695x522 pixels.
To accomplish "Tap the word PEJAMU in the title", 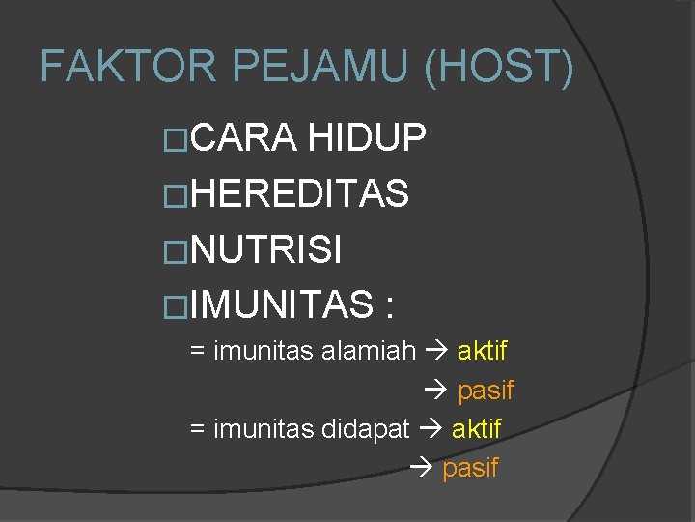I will coord(313,67).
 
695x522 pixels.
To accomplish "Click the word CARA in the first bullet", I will coord(244,139).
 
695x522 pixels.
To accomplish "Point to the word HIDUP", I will coord(367,139).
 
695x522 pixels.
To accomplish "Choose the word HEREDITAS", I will coord(300,194).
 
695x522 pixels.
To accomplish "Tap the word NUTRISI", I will coord(266,250).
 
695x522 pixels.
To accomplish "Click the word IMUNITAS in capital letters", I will coord(282,306).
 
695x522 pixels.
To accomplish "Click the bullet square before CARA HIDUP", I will coord(177,141).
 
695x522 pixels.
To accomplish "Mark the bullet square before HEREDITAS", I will coord(177,196).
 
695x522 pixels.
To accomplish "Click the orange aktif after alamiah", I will coord(482,351).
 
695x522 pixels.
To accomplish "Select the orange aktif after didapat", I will coord(477,428).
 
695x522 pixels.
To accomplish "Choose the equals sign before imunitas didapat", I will coord(197,429).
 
